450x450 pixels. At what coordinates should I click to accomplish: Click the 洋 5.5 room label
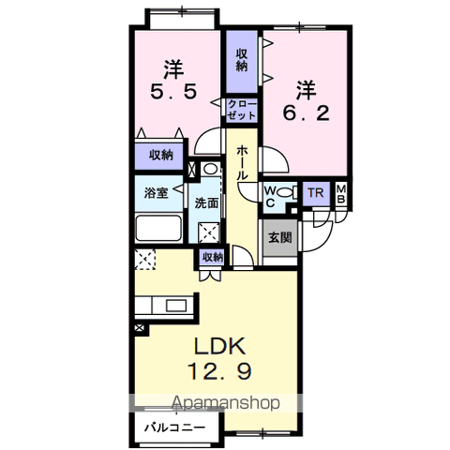click(x=173, y=80)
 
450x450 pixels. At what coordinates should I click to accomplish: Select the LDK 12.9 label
click(x=219, y=359)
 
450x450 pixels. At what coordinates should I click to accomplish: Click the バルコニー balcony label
click(x=175, y=427)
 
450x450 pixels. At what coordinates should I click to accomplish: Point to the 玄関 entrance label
click(x=280, y=238)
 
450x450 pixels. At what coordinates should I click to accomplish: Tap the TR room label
click(x=316, y=193)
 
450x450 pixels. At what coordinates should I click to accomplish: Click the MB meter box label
click(x=341, y=194)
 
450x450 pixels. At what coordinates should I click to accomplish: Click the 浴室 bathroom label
click(x=157, y=192)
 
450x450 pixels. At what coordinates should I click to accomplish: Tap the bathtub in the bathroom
click(x=158, y=228)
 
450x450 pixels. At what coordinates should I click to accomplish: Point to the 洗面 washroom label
click(x=206, y=203)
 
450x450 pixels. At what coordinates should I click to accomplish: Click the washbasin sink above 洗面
click(x=210, y=169)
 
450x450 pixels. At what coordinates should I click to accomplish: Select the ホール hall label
click(x=242, y=163)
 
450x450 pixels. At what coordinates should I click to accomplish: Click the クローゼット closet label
click(x=242, y=110)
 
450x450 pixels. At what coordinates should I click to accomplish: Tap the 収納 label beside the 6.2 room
click(x=242, y=60)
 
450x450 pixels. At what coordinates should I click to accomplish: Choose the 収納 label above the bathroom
click(x=160, y=155)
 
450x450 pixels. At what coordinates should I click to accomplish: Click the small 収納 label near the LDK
click(x=213, y=257)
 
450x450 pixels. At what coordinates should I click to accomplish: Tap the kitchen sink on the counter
click(x=176, y=305)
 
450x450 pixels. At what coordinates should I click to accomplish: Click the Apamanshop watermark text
click(x=226, y=403)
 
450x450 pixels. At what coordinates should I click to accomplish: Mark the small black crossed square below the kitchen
click(x=140, y=328)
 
